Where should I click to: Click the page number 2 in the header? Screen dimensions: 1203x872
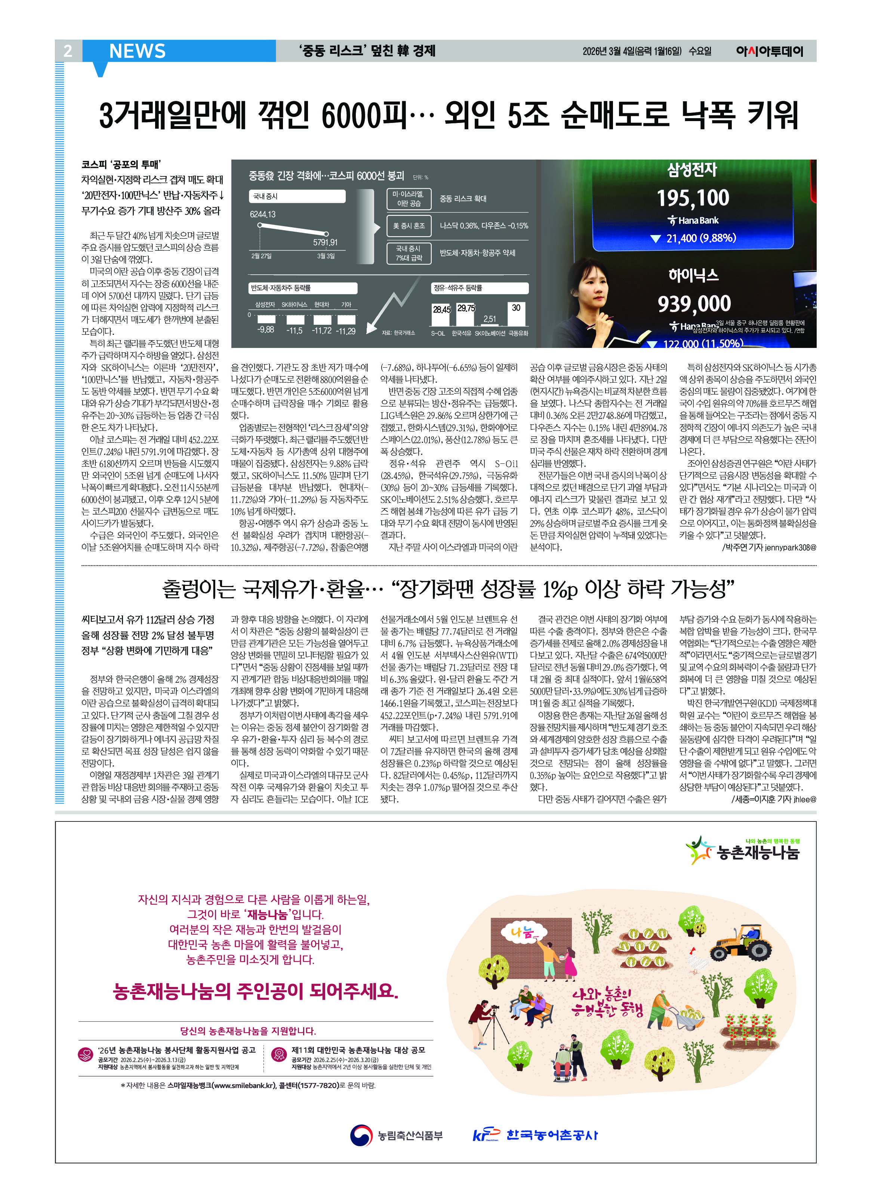point(68,51)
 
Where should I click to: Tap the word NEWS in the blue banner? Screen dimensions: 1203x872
point(137,51)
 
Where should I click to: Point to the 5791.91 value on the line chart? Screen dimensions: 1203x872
point(325,243)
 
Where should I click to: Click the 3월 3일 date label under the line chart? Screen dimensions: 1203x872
point(326,256)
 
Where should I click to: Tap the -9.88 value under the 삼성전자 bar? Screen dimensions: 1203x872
point(266,330)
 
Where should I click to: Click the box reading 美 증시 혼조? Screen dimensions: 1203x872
point(409,226)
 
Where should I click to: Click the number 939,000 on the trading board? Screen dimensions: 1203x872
point(694,304)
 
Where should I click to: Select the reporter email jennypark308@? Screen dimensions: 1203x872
point(790,547)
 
